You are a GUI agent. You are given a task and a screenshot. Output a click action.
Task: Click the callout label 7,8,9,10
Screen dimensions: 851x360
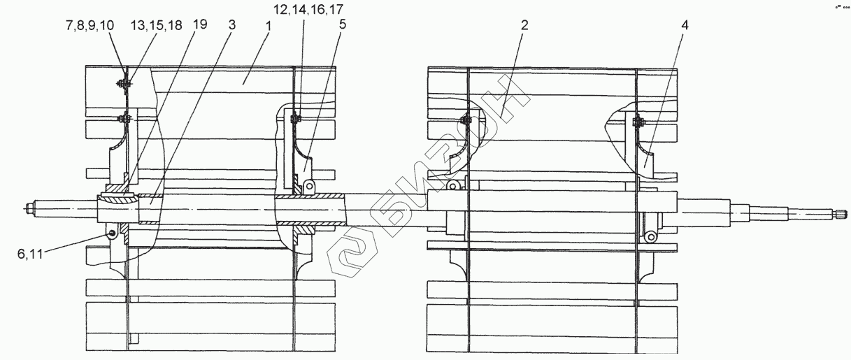click(x=90, y=25)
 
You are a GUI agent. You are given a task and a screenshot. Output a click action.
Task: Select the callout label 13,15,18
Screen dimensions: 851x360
click(x=157, y=25)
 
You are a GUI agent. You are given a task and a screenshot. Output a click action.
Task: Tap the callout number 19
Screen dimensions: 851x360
click(x=200, y=24)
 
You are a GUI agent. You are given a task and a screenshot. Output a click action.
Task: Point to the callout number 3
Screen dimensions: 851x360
click(x=232, y=25)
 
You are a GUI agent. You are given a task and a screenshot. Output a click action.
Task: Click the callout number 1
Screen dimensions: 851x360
click(x=269, y=26)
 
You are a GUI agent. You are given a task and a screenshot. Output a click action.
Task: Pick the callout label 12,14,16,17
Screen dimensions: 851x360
click(x=308, y=10)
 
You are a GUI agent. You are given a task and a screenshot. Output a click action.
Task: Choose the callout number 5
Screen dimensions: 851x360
click(x=343, y=24)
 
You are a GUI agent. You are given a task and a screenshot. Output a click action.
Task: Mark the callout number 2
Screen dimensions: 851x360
click(x=524, y=25)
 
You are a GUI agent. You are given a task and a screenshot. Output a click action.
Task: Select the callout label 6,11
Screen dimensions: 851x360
click(x=30, y=254)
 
